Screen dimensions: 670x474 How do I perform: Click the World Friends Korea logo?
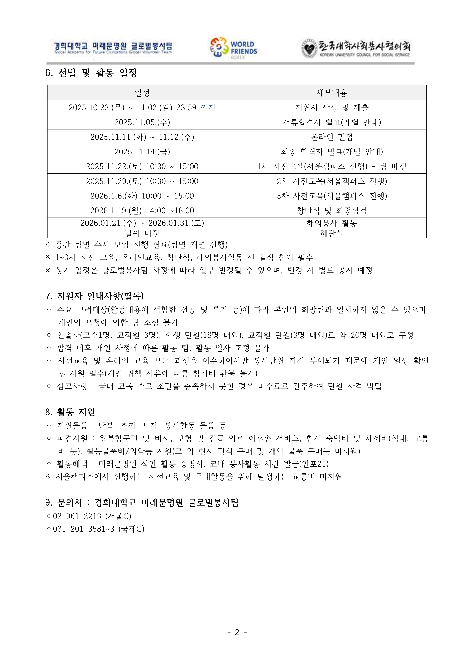(x=233, y=48)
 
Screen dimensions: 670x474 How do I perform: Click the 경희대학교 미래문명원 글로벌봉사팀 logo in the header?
(x=113, y=48)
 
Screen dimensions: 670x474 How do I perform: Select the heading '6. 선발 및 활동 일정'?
(x=91, y=73)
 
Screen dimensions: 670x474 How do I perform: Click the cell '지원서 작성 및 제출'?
(x=332, y=108)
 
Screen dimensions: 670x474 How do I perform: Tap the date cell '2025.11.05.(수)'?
(x=142, y=122)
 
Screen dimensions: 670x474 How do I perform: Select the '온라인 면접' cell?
(x=332, y=137)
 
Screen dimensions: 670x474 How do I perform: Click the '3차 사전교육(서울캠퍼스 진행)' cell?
(x=332, y=196)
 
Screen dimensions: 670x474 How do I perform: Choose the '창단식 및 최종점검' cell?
(x=332, y=210)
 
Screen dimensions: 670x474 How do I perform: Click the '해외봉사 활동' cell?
(x=332, y=223)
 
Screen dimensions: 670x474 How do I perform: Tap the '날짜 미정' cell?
(x=142, y=233)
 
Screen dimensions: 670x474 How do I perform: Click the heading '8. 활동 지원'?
(x=70, y=412)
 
